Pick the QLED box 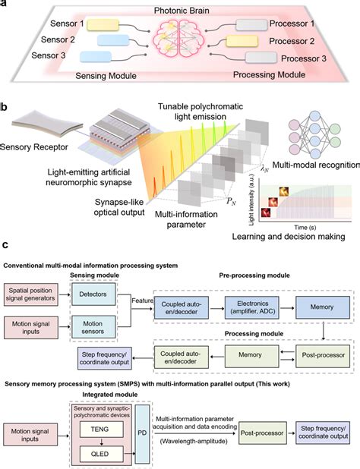112,437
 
